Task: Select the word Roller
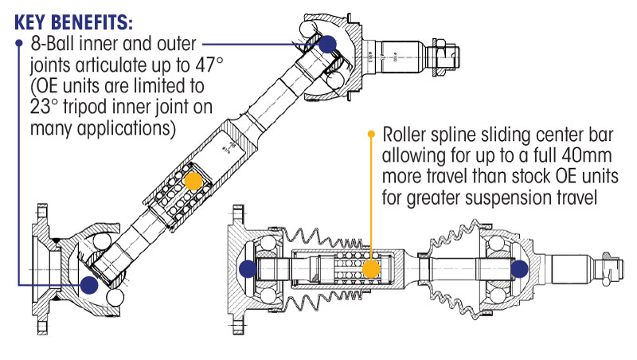[408, 135]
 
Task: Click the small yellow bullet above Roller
[371, 134]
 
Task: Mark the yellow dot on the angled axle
[192, 181]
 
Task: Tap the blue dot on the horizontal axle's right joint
[520, 269]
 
